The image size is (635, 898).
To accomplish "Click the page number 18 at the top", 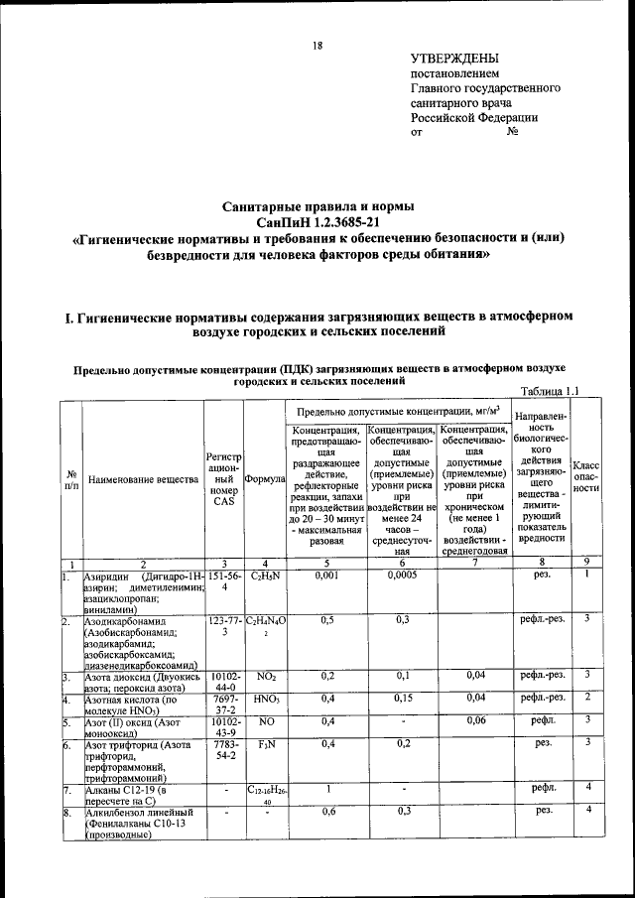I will coord(317,45).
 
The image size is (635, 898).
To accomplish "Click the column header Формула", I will coord(265,479).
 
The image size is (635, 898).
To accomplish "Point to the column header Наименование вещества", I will coord(143,479).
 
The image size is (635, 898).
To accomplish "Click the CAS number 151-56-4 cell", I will coord(224,581).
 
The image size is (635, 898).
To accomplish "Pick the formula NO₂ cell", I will coord(265,675).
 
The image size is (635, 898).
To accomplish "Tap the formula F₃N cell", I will coord(265,742).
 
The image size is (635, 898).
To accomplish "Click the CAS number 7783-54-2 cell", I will coord(224,748).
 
